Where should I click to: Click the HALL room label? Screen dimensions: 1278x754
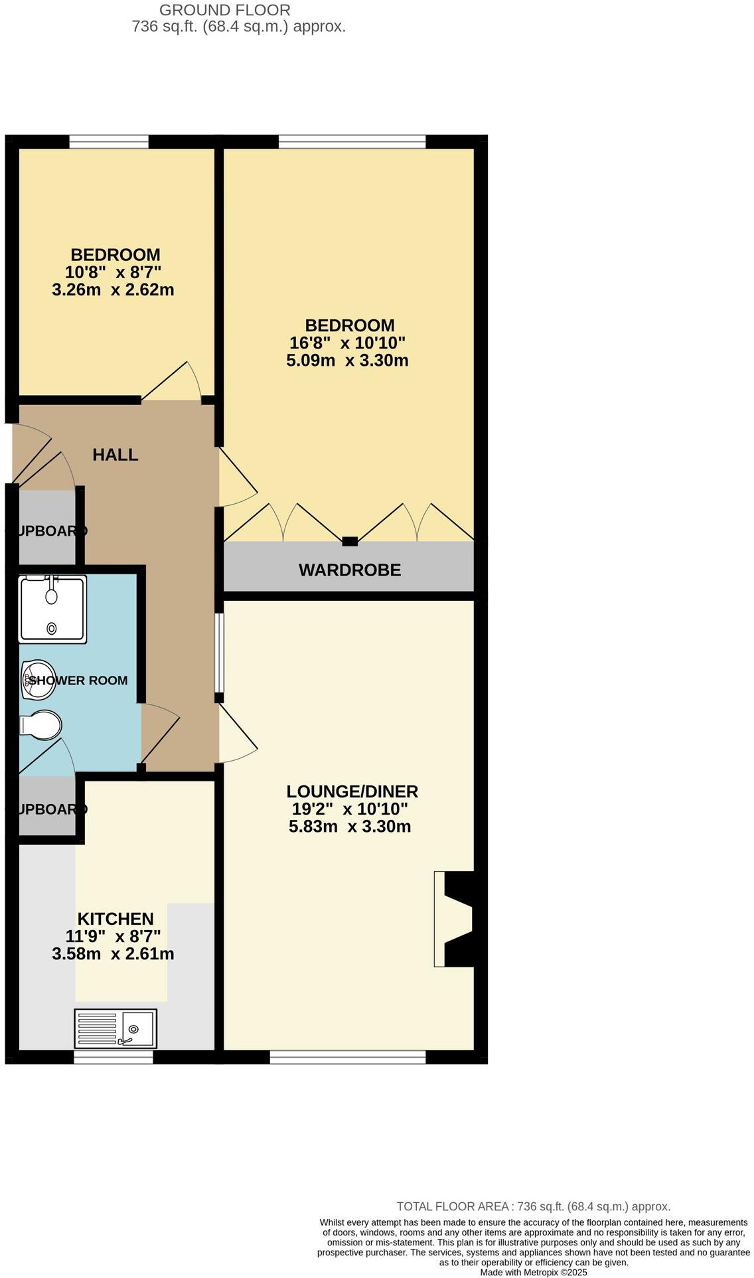tap(115, 455)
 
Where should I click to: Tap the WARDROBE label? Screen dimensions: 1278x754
tap(349, 570)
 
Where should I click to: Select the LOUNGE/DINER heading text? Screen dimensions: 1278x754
tap(352, 791)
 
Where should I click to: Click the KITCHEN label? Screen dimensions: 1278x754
tap(115, 919)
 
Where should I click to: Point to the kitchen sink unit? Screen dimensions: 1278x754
tap(115, 1028)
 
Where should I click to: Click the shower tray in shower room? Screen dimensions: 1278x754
tap(52, 609)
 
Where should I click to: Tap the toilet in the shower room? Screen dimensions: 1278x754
tap(40, 726)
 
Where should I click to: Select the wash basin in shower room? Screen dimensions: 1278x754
tap(37, 680)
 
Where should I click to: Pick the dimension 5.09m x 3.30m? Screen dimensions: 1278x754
tap(346, 361)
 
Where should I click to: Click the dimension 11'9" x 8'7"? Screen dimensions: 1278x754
tap(113, 937)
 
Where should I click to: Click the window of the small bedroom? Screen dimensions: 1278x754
tap(109, 141)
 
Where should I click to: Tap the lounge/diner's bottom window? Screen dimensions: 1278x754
tap(347, 1057)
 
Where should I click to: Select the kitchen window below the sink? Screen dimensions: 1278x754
tap(108, 1057)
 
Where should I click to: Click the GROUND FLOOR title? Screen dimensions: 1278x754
tap(224, 10)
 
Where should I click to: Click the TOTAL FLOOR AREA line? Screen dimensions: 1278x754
tap(533, 1206)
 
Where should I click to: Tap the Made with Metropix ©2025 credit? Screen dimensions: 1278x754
tap(533, 1273)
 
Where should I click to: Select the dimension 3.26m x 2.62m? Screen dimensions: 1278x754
tap(113, 290)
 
